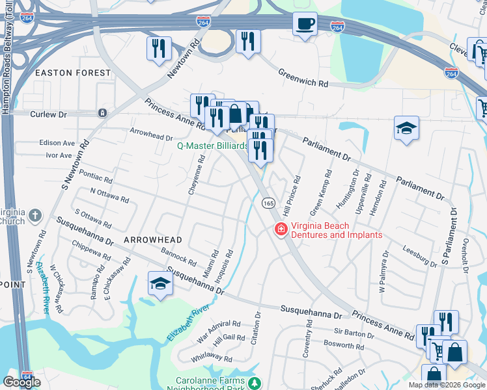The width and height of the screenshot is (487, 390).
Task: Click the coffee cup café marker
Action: coord(305,25)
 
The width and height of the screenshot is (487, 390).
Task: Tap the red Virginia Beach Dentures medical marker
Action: coord(281,229)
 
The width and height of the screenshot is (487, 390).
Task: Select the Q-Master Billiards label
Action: coord(212,146)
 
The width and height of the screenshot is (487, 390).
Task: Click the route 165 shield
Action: coord(268,203)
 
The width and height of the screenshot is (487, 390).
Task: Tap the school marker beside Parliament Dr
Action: coord(406,129)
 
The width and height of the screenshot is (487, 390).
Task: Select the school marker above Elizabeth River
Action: coord(160,284)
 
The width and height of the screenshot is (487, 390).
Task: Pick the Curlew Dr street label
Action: coord(49,114)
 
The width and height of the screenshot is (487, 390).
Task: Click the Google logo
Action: coord(21,382)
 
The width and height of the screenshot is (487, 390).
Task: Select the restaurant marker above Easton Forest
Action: coord(159,48)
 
